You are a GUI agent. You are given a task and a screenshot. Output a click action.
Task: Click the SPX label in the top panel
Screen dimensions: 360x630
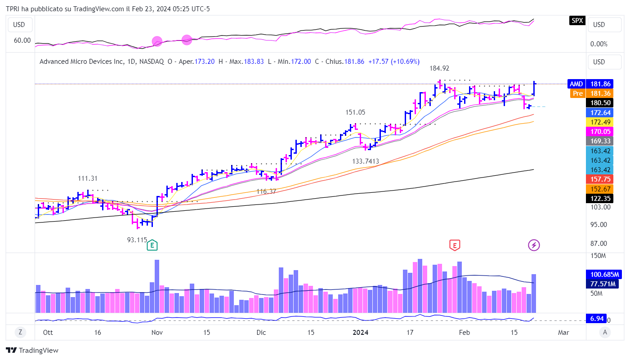click(x=576, y=20)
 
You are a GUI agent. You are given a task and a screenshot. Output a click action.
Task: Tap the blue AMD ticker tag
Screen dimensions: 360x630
click(x=576, y=84)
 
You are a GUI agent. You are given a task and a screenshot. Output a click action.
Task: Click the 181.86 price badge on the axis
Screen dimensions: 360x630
click(x=600, y=84)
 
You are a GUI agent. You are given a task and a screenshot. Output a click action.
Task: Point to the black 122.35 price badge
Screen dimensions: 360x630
click(x=600, y=198)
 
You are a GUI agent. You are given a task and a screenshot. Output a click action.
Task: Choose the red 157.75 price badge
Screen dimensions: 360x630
click(x=600, y=179)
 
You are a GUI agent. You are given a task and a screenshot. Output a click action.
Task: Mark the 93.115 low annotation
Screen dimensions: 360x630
click(x=137, y=240)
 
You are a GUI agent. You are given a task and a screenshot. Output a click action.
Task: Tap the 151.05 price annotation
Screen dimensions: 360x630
click(x=355, y=112)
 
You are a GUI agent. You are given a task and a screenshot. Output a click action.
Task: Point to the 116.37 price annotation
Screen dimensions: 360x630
click(x=266, y=191)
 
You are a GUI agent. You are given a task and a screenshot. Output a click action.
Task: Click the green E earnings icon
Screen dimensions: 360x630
click(x=153, y=245)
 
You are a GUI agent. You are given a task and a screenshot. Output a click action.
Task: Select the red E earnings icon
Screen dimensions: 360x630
click(x=455, y=245)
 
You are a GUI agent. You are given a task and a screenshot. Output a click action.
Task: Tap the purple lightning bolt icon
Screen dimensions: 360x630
click(x=534, y=245)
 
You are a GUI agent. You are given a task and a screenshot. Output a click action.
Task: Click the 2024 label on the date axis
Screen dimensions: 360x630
click(x=361, y=333)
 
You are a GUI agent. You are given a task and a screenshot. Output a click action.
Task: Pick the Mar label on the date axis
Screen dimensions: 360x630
click(x=563, y=333)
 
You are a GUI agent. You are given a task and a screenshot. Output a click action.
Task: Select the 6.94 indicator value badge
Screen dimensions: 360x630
click(x=597, y=319)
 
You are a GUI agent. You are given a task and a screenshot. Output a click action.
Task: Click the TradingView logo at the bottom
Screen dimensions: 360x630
click(x=32, y=350)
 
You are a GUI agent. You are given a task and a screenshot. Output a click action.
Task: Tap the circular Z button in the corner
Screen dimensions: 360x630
click(x=20, y=333)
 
